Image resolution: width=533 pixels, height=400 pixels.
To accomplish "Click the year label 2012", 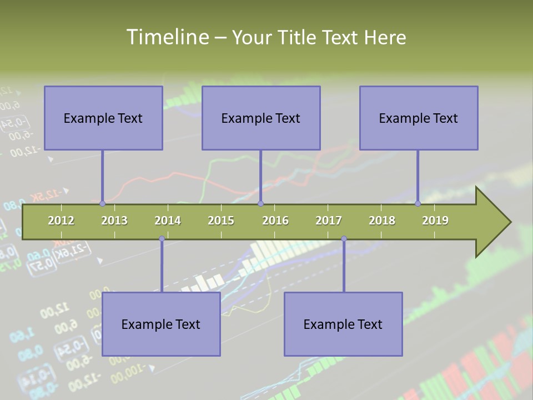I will [x=61, y=221].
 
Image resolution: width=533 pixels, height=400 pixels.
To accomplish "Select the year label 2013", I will [x=114, y=221].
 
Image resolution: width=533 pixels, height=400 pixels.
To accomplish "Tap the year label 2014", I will [x=168, y=221].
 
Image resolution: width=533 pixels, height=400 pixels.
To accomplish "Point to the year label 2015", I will [x=221, y=221].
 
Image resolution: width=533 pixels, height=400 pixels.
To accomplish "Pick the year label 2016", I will [x=275, y=221].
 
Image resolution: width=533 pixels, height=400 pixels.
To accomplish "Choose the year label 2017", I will [x=329, y=221].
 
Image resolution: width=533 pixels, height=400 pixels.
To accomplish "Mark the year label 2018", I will [x=382, y=221].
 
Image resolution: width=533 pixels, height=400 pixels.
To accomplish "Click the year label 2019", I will [x=435, y=221].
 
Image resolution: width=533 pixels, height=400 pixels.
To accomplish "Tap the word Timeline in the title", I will [x=166, y=37].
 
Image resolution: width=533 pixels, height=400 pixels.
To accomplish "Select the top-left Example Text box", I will [x=103, y=118].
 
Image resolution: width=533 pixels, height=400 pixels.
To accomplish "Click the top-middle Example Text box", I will [x=261, y=118].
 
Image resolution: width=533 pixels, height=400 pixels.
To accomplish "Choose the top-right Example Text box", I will [x=419, y=118].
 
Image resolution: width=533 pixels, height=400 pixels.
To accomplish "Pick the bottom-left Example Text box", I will [x=161, y=324].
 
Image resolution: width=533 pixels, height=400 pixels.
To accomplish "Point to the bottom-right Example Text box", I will [x=343, y=324].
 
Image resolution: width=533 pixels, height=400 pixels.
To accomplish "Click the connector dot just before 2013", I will [x=103, y=204].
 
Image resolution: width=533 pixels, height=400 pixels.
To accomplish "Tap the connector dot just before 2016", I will [x=261, y=204].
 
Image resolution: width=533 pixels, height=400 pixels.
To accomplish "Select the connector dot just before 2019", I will [x=418, y=204].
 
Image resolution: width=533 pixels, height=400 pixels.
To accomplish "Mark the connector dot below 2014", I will [x=162, y=239].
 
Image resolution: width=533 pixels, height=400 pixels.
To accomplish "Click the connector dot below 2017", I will [x=344, y=239].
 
